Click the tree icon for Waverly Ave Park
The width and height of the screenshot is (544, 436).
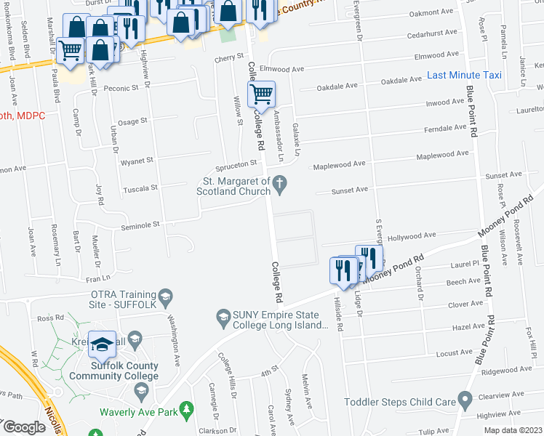point(187,410)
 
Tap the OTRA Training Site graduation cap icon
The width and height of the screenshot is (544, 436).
point(166,296)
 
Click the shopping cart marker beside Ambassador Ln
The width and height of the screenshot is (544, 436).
point(261,94)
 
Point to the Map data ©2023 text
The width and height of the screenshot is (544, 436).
point(513,430)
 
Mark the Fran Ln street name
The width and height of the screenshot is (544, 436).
point(97,278)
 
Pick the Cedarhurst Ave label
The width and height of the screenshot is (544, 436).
point(431,33)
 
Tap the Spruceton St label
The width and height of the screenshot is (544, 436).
point(234,164)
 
